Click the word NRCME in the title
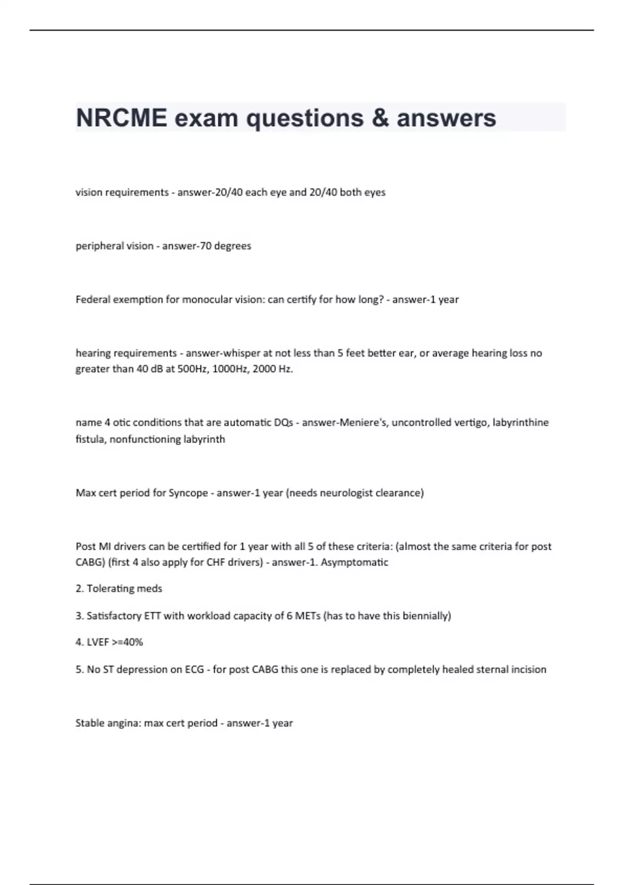tap(121, 118)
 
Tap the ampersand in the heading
tap(380, 118)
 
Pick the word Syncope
tap(188, 492)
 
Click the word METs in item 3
tap(308, 615)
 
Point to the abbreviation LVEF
tap(98, 642)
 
